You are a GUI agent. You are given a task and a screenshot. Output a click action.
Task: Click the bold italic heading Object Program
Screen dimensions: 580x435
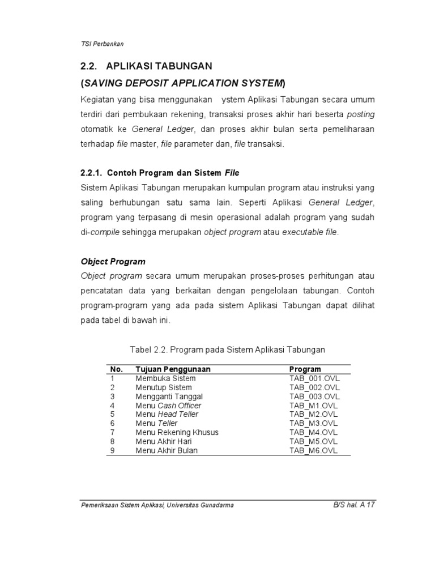click(113, 262)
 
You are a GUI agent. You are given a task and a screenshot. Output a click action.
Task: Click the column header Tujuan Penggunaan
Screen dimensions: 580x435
click(173, 369)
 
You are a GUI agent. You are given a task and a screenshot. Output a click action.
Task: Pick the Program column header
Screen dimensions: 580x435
click(305, 369)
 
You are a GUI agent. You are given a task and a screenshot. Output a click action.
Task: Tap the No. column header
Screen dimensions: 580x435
click(116, 369)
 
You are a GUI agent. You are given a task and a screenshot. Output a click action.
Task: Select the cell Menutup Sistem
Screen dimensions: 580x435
click(164, 387)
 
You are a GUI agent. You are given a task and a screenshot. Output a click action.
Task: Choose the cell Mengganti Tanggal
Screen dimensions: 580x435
click(169, 396)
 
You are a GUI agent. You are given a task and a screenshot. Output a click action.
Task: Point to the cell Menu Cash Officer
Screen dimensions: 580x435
click(168, 406)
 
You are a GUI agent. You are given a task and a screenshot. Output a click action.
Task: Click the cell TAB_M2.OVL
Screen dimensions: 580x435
click(313, 415)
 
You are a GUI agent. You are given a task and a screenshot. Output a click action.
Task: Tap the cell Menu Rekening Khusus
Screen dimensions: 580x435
click(177, 433)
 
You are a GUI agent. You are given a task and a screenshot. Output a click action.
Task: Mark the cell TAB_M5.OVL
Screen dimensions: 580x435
click(313, 442)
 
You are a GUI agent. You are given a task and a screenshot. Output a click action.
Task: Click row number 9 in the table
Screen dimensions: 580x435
click(113, 451)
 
